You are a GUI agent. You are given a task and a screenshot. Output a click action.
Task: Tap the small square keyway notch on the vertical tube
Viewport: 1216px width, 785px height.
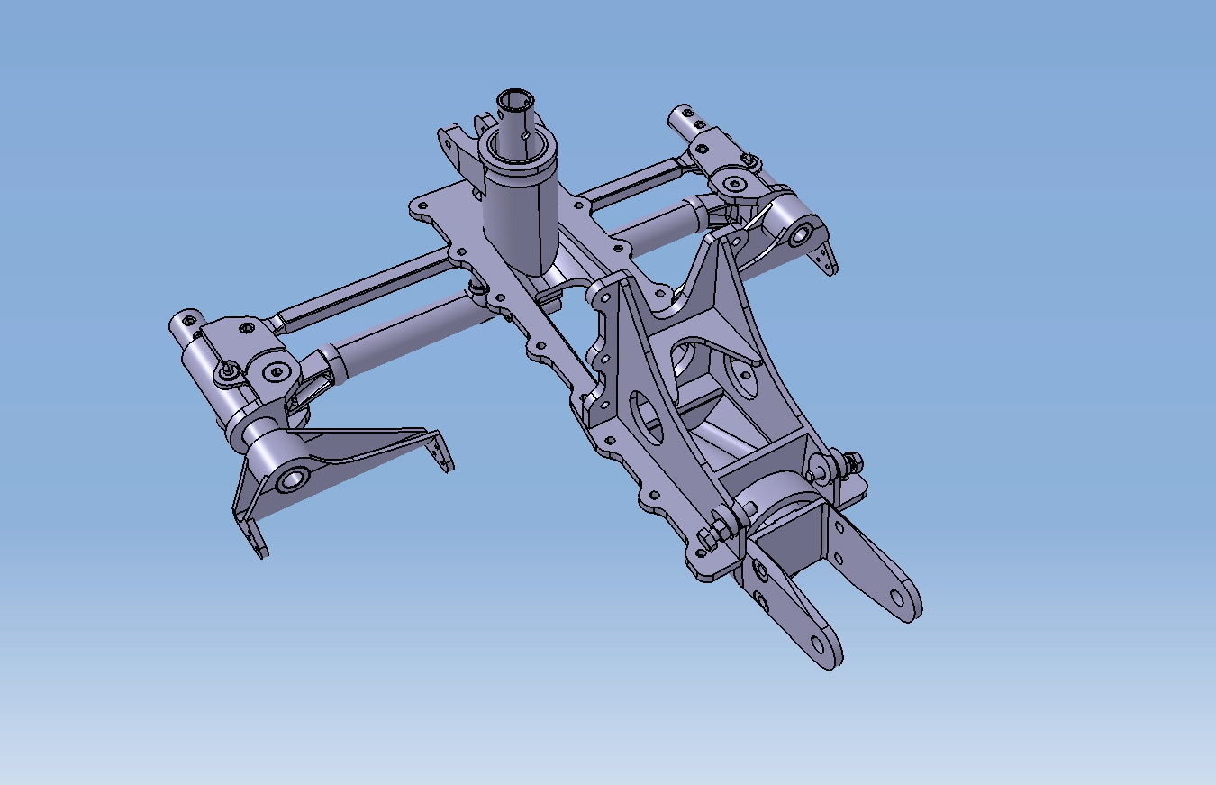[524, 136]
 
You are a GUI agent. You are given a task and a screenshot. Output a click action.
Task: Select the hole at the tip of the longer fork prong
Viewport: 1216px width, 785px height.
[896, 597]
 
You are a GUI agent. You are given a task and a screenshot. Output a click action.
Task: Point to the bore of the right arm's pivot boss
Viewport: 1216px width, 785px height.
[798, 237]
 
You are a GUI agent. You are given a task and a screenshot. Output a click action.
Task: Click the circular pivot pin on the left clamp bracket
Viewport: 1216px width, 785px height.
[277, 371]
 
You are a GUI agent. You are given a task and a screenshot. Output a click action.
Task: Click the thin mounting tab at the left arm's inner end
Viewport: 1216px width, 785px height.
[441, 453]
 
